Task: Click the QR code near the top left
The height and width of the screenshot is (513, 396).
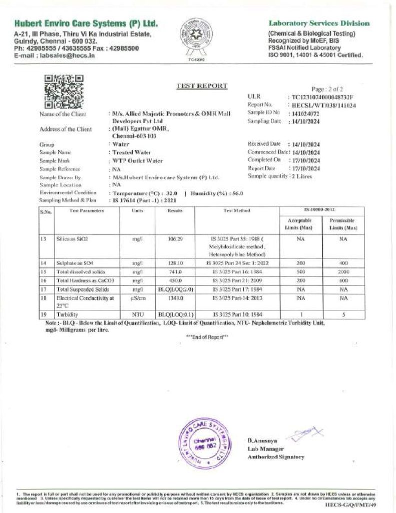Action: pos(64,91)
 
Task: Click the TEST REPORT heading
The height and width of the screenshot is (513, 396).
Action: pos(202,86)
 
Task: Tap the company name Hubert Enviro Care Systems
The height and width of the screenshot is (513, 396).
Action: pos(86,24)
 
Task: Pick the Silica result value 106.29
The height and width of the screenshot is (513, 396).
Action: pos(175,240)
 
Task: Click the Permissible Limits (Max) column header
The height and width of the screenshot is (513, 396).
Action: pos(342,224)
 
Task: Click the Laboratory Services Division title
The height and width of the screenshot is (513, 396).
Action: pos(319,23)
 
